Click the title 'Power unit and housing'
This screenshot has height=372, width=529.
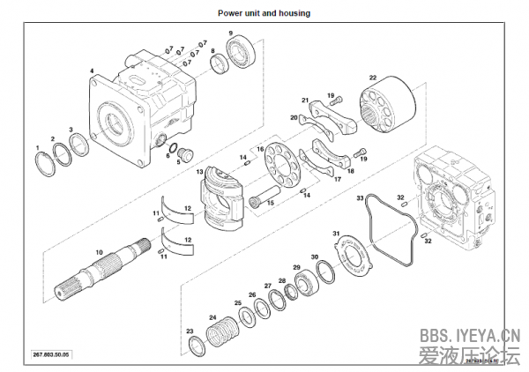(x=264, y=13)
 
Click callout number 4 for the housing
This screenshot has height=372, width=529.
(x=92, y=71)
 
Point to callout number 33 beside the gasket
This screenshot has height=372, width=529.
(x=360, y=199)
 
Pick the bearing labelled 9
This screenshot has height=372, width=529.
(x=242, y=53)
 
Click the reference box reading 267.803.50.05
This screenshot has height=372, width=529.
(x=50, y=353)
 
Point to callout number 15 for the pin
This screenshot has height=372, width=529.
(x=271, y=203)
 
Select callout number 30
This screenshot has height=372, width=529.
(x=316, y=257)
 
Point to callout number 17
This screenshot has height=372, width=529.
(x=336, y=179)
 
